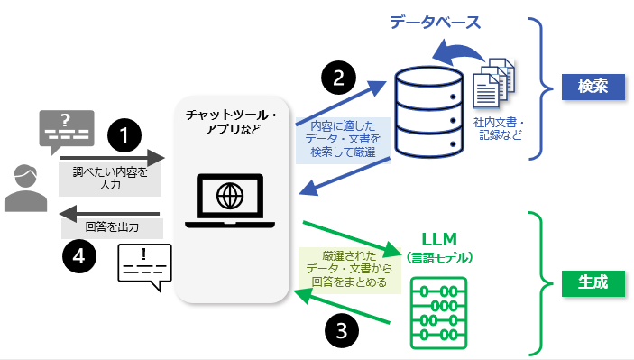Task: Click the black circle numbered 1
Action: [124, 135]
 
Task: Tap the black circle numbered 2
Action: [338, 78]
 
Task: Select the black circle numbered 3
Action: [342, 330]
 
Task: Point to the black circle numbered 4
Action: [79, 256]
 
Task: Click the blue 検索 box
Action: [593, 87]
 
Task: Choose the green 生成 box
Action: [593, 282]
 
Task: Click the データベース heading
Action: [435, 23]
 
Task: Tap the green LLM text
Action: [439, 239]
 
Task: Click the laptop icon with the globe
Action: [230, 201]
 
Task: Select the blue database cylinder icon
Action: [429, 112]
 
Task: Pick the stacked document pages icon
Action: [493, 83]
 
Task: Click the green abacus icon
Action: [438, 313]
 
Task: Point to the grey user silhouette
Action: [25, 188]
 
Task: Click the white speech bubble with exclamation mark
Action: [145, 266]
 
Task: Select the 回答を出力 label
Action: [112, 226]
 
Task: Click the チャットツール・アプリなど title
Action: [232, 122]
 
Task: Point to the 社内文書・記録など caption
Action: [500, 129]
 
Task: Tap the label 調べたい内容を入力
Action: [110, 178]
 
